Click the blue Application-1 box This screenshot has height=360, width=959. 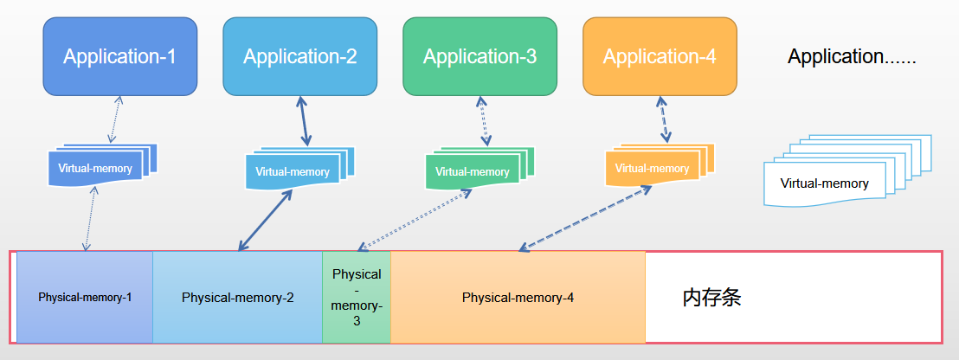119,56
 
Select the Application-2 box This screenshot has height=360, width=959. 299,56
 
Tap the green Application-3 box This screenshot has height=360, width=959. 479,56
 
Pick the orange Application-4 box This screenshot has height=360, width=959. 660,56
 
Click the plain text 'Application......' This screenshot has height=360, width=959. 852,57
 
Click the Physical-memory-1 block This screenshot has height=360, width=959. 85,297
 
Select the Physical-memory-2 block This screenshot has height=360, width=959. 238,297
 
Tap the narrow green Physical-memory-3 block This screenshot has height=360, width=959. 357,297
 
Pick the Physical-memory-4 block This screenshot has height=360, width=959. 518,297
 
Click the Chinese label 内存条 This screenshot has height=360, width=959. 711,298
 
